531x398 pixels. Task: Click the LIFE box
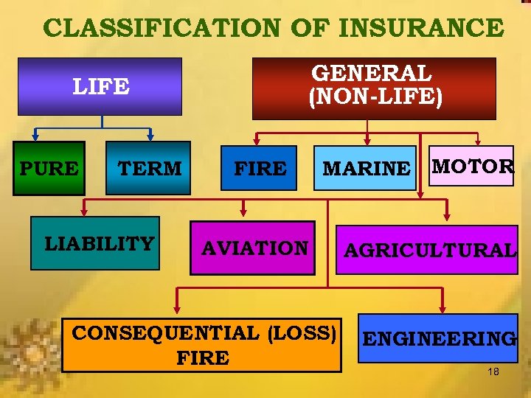coord(101,87)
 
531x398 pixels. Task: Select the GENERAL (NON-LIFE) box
coord(374,88)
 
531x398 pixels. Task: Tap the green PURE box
coord(49,169)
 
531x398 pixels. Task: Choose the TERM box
coord(150,169)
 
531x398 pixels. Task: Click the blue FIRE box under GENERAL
coord(260,169)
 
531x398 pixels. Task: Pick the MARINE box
coord(367,169)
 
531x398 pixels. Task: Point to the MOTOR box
coord(473,166)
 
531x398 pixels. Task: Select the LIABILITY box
coord(100,243)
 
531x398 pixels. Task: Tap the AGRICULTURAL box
coord(429,250)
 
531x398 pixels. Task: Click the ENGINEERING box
coord(439,338)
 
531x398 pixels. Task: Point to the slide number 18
coord(493,371)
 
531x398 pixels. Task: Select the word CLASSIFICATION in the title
coord(161,28)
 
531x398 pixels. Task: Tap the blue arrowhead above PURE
coord(35,136)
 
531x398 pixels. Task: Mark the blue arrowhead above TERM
coord(150,136)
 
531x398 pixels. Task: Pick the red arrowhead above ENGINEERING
coord(442,307)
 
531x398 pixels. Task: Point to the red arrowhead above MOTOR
coord(476,139)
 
